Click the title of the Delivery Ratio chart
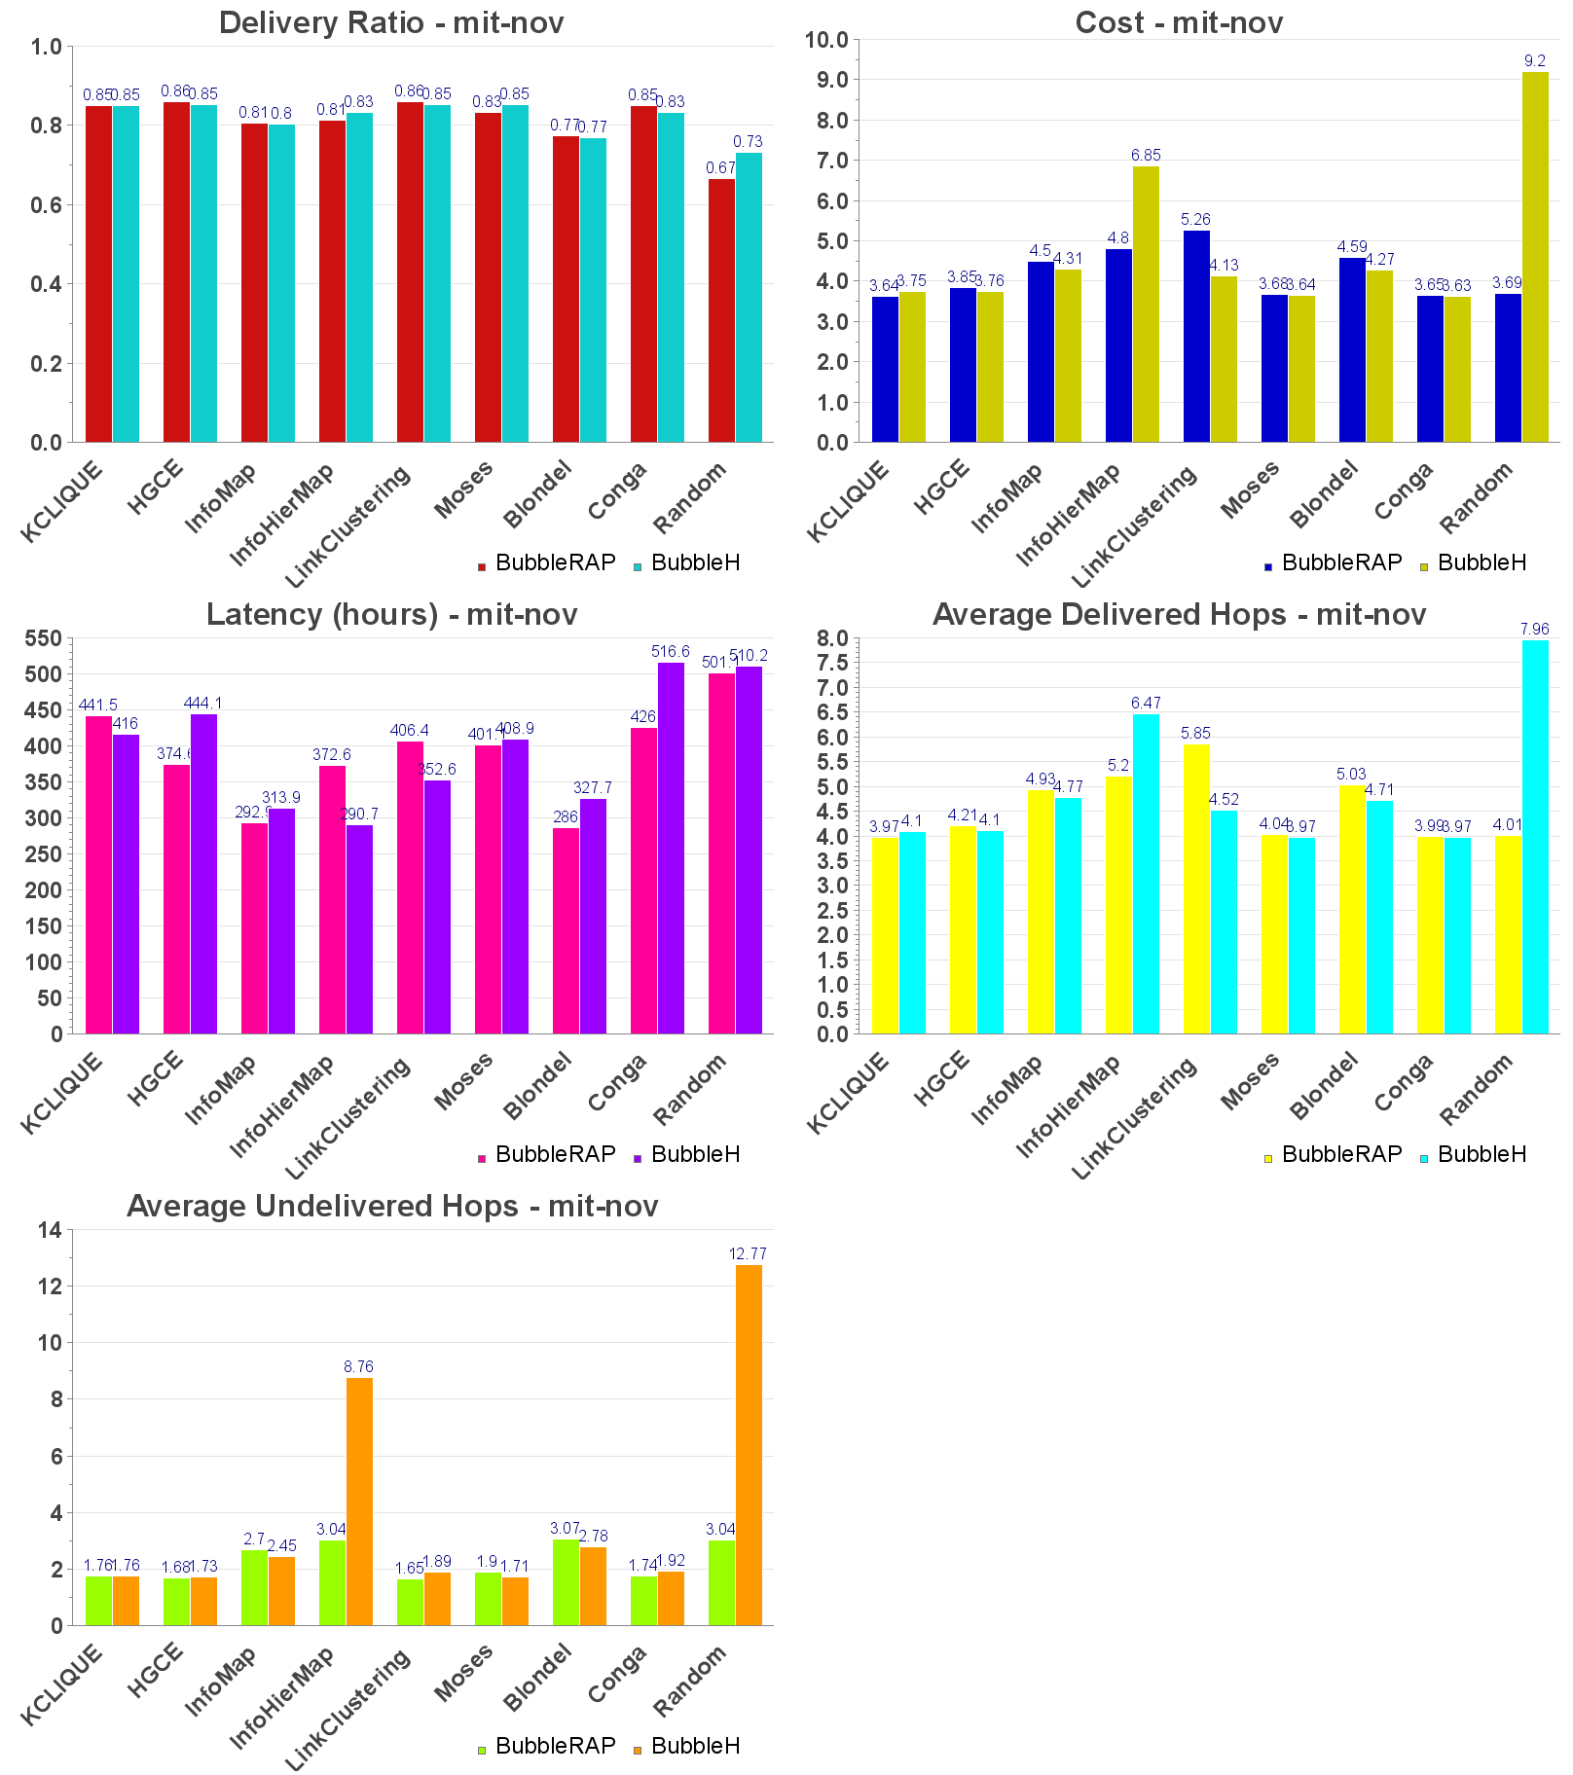click(391, 22)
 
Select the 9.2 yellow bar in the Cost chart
click(1535, 257)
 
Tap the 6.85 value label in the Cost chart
click(1146, 155)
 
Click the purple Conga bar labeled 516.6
click(671, 848)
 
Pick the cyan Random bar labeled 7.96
click(1535, 837)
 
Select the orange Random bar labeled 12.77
click(749, 1444)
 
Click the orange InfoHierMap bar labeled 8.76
click(359, 1501)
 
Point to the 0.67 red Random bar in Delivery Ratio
click(721, 310)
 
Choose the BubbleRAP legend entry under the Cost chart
click(1333, 562)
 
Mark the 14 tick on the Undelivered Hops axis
click(50, 1230)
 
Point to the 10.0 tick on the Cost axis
click(827, 40)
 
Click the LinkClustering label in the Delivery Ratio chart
click(348, 526)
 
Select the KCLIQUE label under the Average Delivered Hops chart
click(848, 1092)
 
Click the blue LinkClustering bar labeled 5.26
click(1196, 336)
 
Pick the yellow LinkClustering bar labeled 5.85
click(1196, 888)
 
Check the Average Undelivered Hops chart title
click(392, 1206)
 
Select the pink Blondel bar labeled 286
click(566, 930)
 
